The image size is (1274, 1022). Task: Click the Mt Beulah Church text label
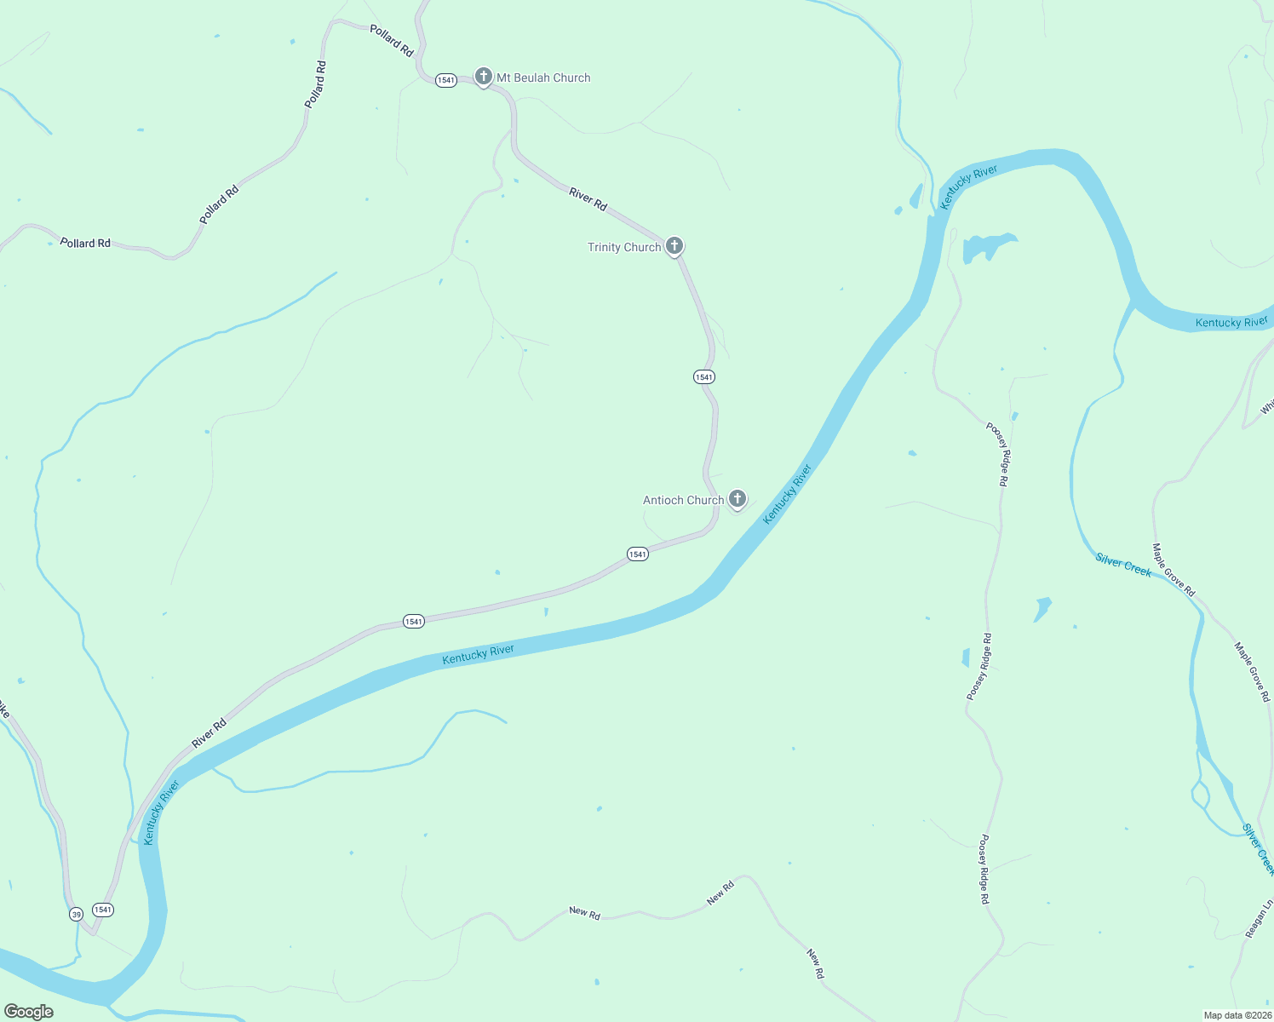pyautogui.click(x=543, y=78)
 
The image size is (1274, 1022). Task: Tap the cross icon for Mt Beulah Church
pyautogui.click(x=484, y=77)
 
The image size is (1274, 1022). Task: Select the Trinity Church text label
pyautogui.click(x=624, y=247)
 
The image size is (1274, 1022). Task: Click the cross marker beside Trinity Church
pyautogui.click(x=674, y=246)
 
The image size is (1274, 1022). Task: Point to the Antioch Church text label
pyautogui.click(x=683, y=500)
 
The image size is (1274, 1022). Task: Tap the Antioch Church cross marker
pyautogui.click(x=737, y=499)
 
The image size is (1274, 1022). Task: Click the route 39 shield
pyautogui.click(x=77, y=914)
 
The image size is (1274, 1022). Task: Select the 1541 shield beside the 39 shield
pyautogui.click(x=102, y=910)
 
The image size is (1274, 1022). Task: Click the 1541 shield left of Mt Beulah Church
pyautogui.click(x=445, y=80)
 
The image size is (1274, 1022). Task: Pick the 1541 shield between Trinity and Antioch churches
pyautogui.click(x=703, y=376)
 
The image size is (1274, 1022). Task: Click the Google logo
pyautogui.click(x=29, y=1011)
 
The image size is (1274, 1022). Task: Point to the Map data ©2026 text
pyautogui.click(x=1237, y=1015)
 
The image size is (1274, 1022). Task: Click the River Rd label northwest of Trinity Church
pyautogui.click(x=588, y=200)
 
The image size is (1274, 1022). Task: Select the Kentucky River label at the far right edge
pyautogui.click(x=1231, y=322)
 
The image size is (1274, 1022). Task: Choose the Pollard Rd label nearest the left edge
pyautogui.click(x=85, y=243)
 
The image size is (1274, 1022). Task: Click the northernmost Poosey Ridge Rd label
pyautogui.click(x=997, y=454)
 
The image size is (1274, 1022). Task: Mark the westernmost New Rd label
pyautogui.click(x=584, y=913)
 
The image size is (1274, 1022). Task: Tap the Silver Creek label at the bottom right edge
pyautogui.click(x=1259, y=848)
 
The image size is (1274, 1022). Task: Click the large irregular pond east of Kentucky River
pyautogui.click(x=984, y=247)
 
